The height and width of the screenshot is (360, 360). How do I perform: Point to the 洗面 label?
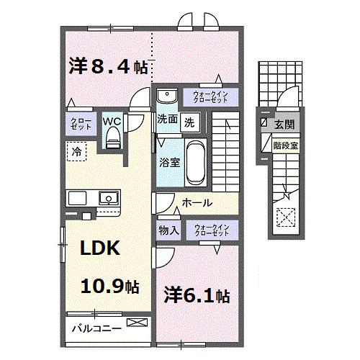click(x=167, y=120)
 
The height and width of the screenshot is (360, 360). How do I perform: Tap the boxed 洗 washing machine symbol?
click(x=188, y=122)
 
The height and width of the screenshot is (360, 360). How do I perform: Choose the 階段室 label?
click(x=283, y=143)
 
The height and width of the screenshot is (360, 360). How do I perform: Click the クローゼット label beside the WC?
click(x=77, y=125)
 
